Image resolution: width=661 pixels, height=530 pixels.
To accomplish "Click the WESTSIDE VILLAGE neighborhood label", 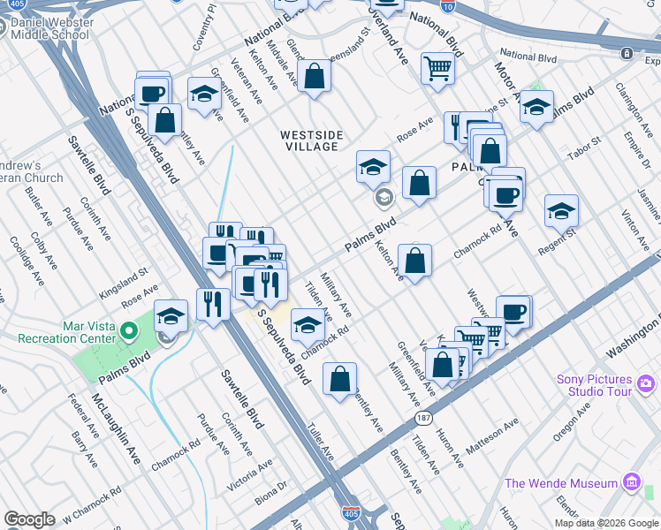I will pyautogui.click(x=311, y=140).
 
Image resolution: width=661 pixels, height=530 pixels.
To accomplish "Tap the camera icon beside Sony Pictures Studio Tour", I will pyautogui.click(x=646, y=383).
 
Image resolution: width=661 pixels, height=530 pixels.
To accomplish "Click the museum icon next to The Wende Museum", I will pyautogui.click(x=631, y=482).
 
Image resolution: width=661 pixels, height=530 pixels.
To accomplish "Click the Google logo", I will pyautogui.click(x=29, y=519).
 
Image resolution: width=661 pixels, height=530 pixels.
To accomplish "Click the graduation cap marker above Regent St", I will pyautogui.click(x=560, y=211).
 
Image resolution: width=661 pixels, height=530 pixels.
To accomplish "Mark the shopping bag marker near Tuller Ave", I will pyautogui.click(x=339, y=379).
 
